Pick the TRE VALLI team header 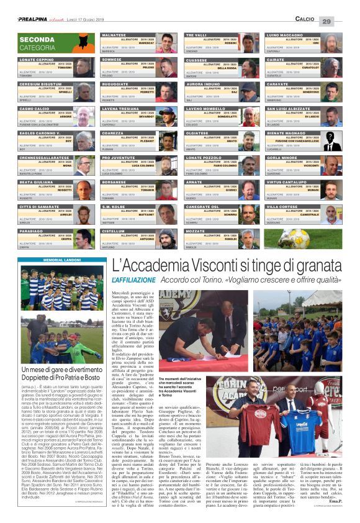[x=197, y=35]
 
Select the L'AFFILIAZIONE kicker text [x=135, y=280]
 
